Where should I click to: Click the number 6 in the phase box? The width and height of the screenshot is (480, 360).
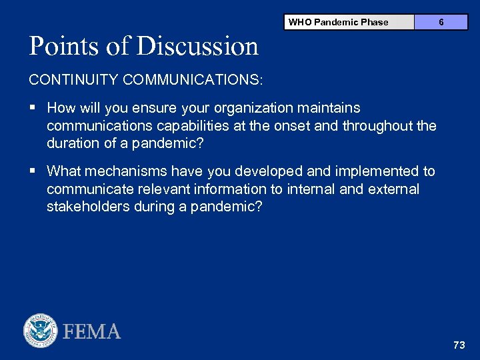point(441,22)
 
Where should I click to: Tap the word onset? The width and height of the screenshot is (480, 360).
point(300,125)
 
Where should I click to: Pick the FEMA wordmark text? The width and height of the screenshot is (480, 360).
point(92,331)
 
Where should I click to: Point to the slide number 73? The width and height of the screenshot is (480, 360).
point(459,345)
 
